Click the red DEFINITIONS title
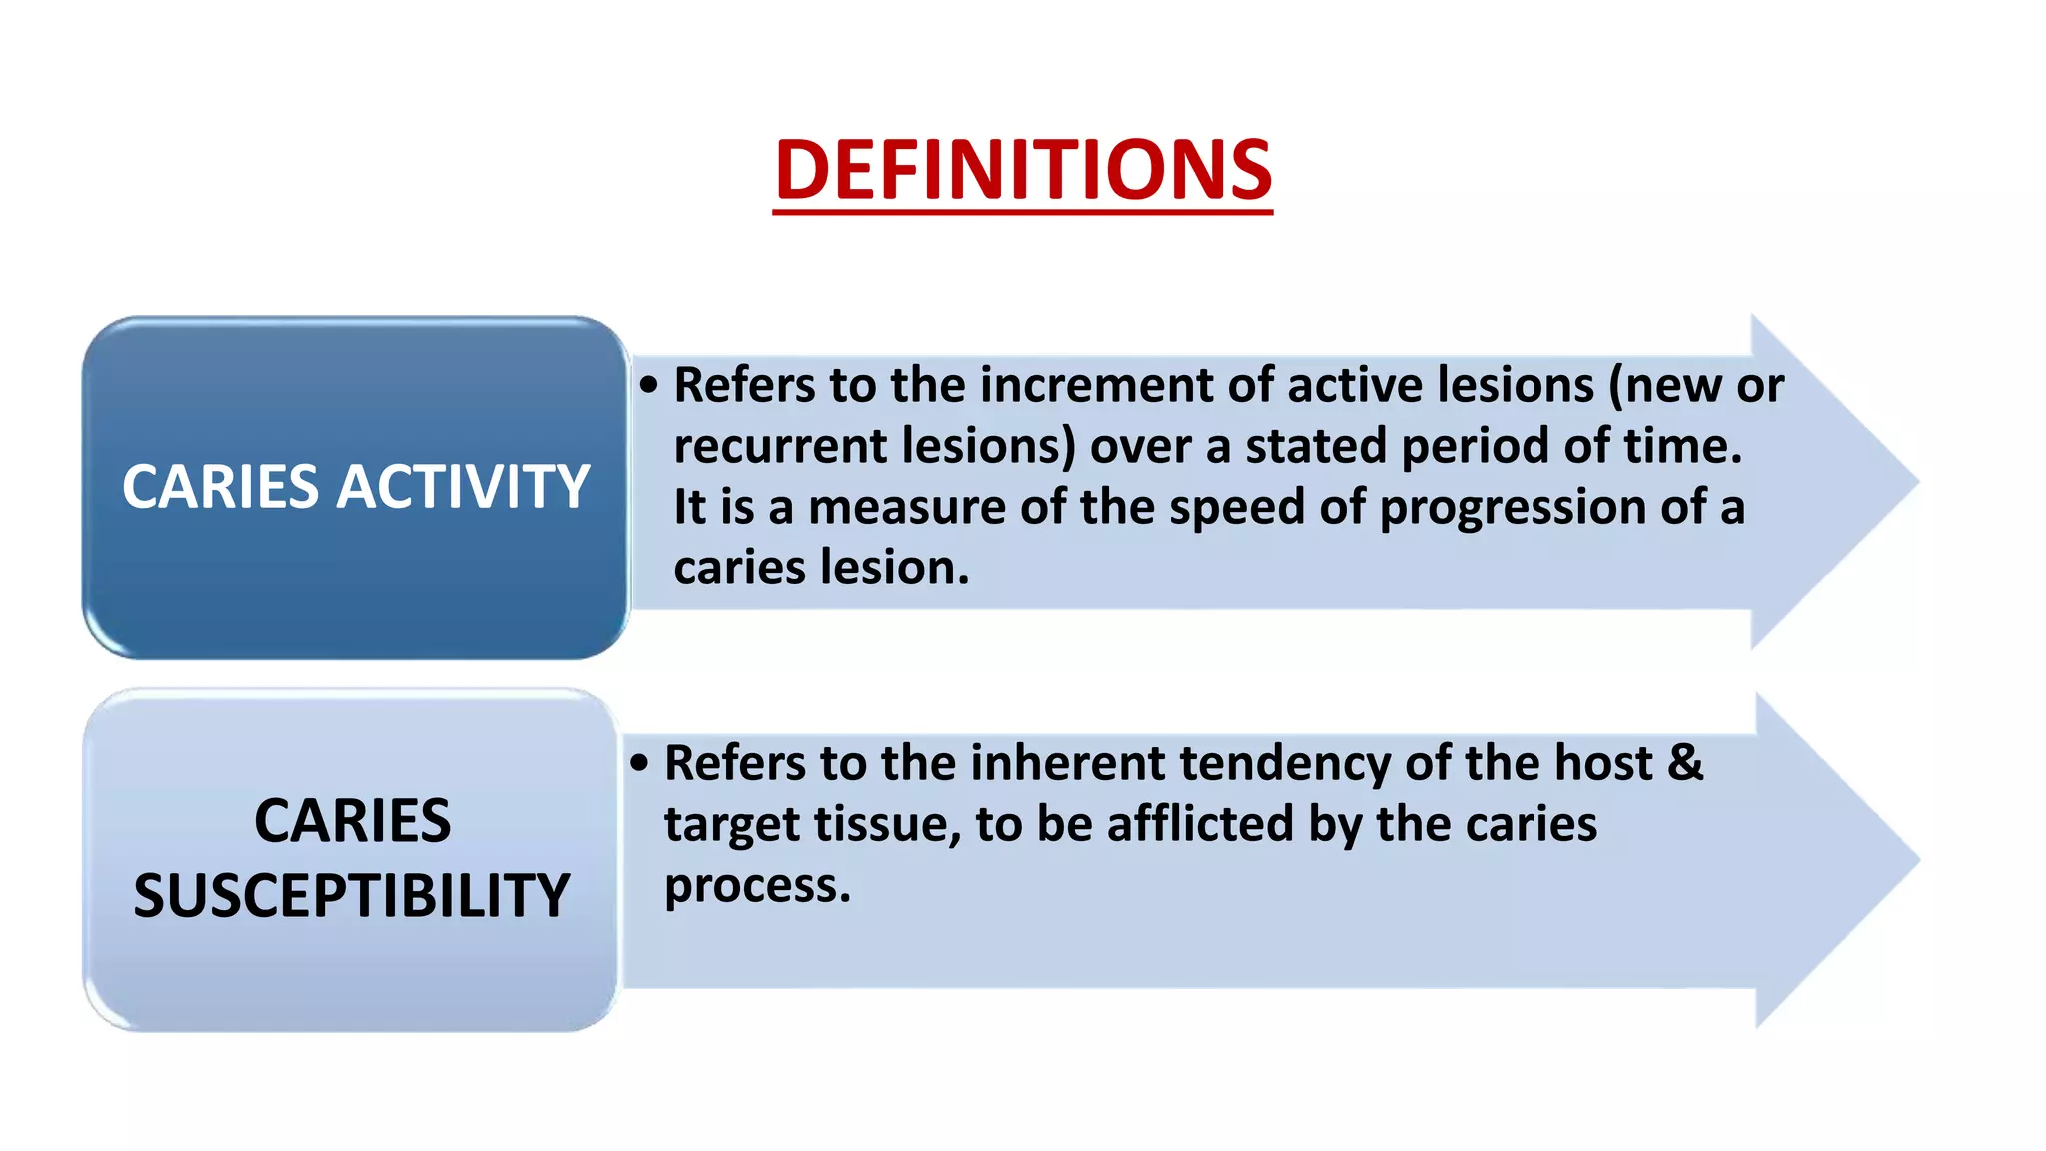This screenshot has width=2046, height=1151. click(1022, 170)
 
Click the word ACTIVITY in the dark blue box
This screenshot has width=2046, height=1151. click(463, 487)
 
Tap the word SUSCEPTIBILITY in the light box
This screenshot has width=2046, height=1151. click(352, 895)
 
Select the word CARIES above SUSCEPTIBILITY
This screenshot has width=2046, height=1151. click(352, 821)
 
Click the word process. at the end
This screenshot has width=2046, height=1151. click(757, 887)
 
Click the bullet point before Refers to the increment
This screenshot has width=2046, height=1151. click(649, 386)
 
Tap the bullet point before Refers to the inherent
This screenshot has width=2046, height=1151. click(639, 764)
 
